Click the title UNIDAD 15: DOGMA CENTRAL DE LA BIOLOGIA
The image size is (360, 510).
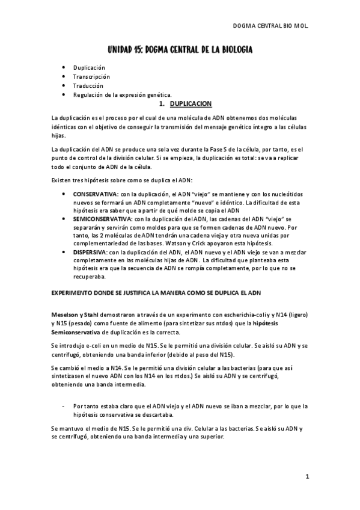pos(180,49)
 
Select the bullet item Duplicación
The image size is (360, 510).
pos(89,68)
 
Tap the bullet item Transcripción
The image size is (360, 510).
pos(91,76)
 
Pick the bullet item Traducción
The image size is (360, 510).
pos(88,85)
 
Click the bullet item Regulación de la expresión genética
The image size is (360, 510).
pos(122,94)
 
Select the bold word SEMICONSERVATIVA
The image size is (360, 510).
pos(100,220)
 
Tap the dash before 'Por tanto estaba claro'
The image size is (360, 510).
pos(64,407)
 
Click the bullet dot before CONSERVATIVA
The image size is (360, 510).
pos(64,195)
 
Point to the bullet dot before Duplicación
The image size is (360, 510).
pos(64,68)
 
